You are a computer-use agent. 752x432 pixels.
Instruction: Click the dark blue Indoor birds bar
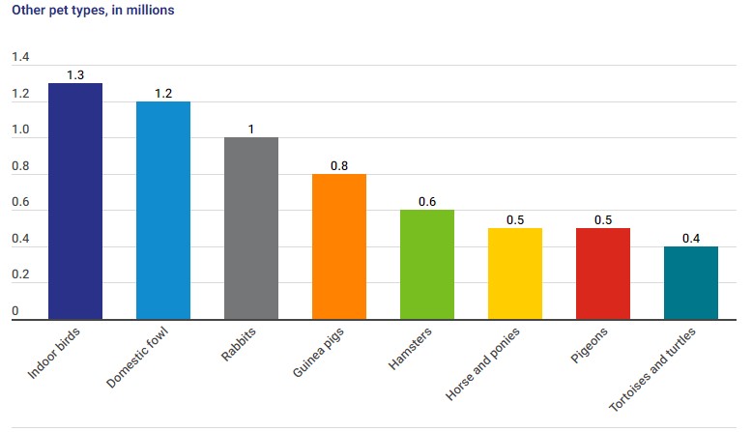coord(75,201)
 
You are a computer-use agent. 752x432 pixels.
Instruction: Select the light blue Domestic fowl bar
coord(163,210)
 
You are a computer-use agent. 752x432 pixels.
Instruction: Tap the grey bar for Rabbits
coord(251,228)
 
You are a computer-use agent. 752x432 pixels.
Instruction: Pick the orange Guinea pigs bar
coord(339,246)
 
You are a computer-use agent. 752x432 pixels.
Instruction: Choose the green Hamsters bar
coord(427,264)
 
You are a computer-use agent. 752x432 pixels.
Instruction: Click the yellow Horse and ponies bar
coord(515,274)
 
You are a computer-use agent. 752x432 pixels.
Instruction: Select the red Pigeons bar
coord(603,274)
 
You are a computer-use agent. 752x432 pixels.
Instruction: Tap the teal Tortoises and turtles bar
coord(691,282)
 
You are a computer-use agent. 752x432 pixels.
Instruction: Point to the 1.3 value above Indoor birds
coord(75,74)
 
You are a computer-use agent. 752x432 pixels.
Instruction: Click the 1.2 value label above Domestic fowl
coord(163,93)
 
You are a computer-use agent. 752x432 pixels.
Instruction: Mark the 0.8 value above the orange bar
coord(339,165)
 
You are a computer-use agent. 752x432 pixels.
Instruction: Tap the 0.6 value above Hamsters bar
coord(427,201)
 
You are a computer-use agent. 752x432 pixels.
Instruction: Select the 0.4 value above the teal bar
coord(691,238)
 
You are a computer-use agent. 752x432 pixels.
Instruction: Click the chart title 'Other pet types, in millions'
coord(93,11)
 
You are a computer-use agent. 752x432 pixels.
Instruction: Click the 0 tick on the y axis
coord(15,311)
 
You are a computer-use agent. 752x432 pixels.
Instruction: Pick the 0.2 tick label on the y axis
coord(20,275)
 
